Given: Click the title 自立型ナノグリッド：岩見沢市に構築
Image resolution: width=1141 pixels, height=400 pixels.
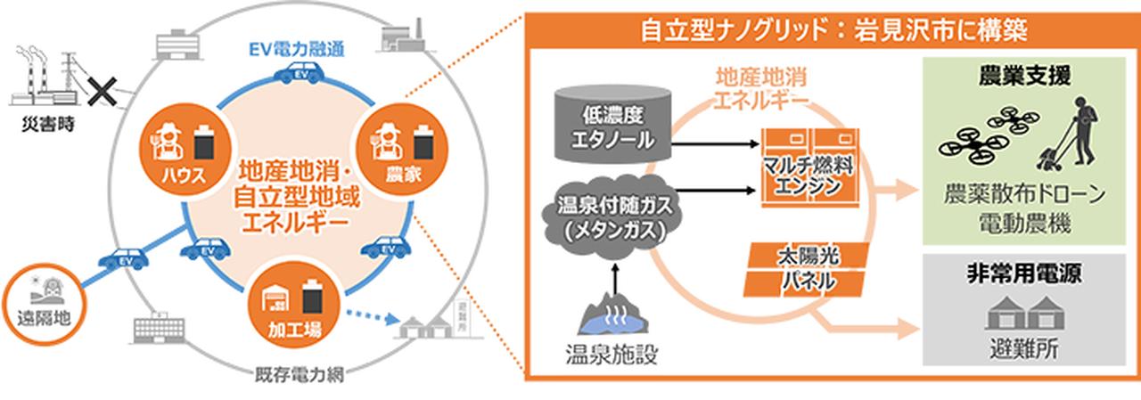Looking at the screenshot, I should [834, 31].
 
